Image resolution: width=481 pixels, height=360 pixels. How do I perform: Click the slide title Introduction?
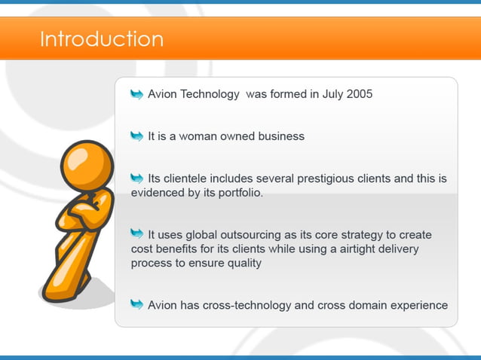click(101, 38)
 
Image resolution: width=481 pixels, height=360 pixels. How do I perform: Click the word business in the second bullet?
click(280, 136)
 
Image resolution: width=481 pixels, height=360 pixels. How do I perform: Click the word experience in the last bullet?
click(419, 305)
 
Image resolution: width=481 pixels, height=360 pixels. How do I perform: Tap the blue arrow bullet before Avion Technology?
click(136, 94)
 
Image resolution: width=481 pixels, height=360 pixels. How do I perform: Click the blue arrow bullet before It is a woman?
click(136, 136)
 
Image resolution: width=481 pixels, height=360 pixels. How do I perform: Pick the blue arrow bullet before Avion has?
click(136, 304)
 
